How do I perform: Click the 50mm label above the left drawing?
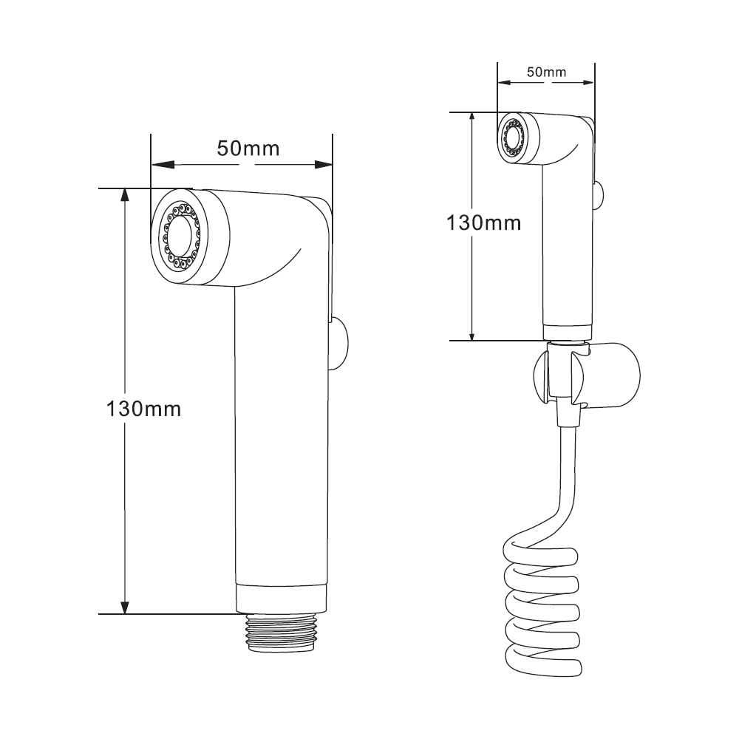click(x=248, y=149)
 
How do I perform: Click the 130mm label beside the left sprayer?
click(x=143, y=409)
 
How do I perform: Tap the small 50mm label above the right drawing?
click(x=546, y=72)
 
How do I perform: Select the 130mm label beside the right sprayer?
click(x=483, y=222)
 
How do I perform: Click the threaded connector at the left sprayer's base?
click(x=281, y=633)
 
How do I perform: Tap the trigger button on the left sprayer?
click(x=338, y=344)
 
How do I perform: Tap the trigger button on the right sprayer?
click(x=598, y=194)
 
